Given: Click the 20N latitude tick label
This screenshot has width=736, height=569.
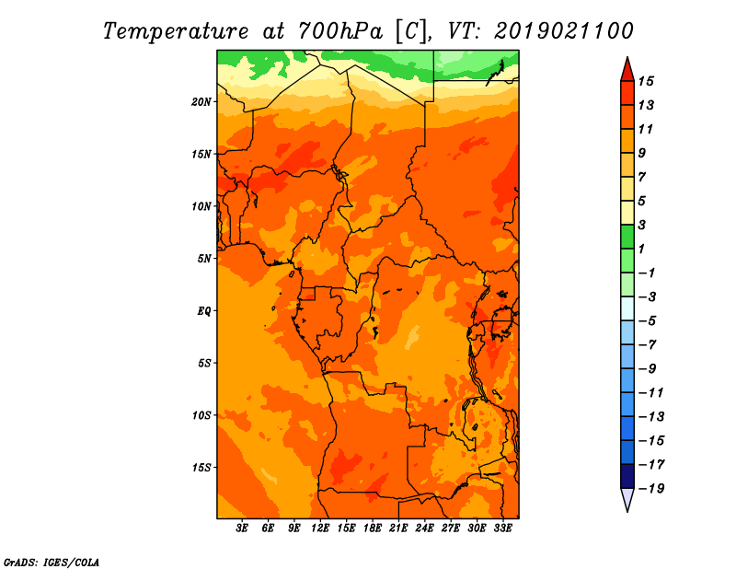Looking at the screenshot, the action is click(x=201, y=102).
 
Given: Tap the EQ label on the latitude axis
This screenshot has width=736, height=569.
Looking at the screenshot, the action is click(x=203, y=311).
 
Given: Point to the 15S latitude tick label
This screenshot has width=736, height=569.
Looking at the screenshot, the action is click(x=201, y=468).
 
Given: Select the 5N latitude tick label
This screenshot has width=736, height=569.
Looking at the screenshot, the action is click(x=204, y=259).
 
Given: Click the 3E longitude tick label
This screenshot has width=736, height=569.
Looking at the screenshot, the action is click(x=242, y=528).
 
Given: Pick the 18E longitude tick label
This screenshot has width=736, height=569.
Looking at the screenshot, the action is click(x=373, y=528).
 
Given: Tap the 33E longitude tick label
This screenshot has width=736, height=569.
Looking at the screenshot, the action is click(x=502, y=528).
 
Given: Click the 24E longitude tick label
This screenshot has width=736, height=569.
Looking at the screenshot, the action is click(x=424, y=528).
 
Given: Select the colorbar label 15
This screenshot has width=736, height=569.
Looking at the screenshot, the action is click(x=646, y=81).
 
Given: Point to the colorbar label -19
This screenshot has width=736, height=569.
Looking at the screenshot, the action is click(x=651, y=489).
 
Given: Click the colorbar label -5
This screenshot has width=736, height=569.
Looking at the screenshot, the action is click(x=648, y=321).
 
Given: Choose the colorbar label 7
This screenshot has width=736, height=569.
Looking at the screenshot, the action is click(x=641, y=177).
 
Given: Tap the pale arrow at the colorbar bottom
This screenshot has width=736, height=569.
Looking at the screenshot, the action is click(x=627, y=499).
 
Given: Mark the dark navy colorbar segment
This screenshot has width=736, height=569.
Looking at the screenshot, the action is click(x=627, y=476).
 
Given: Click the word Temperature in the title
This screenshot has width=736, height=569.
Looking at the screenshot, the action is click(x=176, y=31).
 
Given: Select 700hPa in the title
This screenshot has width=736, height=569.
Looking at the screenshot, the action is click(x=339, y=31).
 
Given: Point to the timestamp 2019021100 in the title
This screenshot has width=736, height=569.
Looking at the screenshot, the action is click(x=563, y=31).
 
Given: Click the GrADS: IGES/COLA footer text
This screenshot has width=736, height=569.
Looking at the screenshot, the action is click(x=52, y=563).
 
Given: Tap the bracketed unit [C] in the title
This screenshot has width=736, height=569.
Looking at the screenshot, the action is click(x=411, y=31).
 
